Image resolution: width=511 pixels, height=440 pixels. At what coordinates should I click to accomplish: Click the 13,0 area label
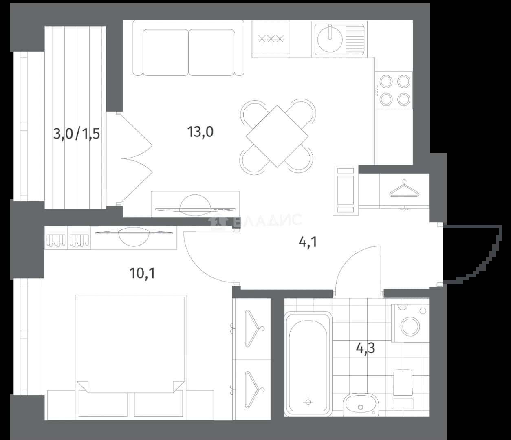(x=200, y=132)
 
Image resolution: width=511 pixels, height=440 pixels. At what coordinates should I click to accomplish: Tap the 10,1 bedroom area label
(x=142, y=273)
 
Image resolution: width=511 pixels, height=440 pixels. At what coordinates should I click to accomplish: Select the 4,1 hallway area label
(x=308, y=242)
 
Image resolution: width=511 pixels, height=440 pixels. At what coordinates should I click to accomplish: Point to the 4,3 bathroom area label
(x=366, y=348)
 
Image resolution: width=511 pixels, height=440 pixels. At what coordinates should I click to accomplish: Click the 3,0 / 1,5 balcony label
(x=77, y=134)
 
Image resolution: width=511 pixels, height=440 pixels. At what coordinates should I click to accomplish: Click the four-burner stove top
(x=394, y=90)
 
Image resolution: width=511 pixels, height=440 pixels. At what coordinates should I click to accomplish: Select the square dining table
(x=277, y=136)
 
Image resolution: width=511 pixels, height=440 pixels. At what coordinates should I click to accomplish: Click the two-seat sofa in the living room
(x=188, y=48)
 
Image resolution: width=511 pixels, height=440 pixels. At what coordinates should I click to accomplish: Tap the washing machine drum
(x=410, y=327)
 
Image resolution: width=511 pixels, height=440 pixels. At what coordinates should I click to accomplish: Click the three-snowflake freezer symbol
(x=271, y=39)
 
